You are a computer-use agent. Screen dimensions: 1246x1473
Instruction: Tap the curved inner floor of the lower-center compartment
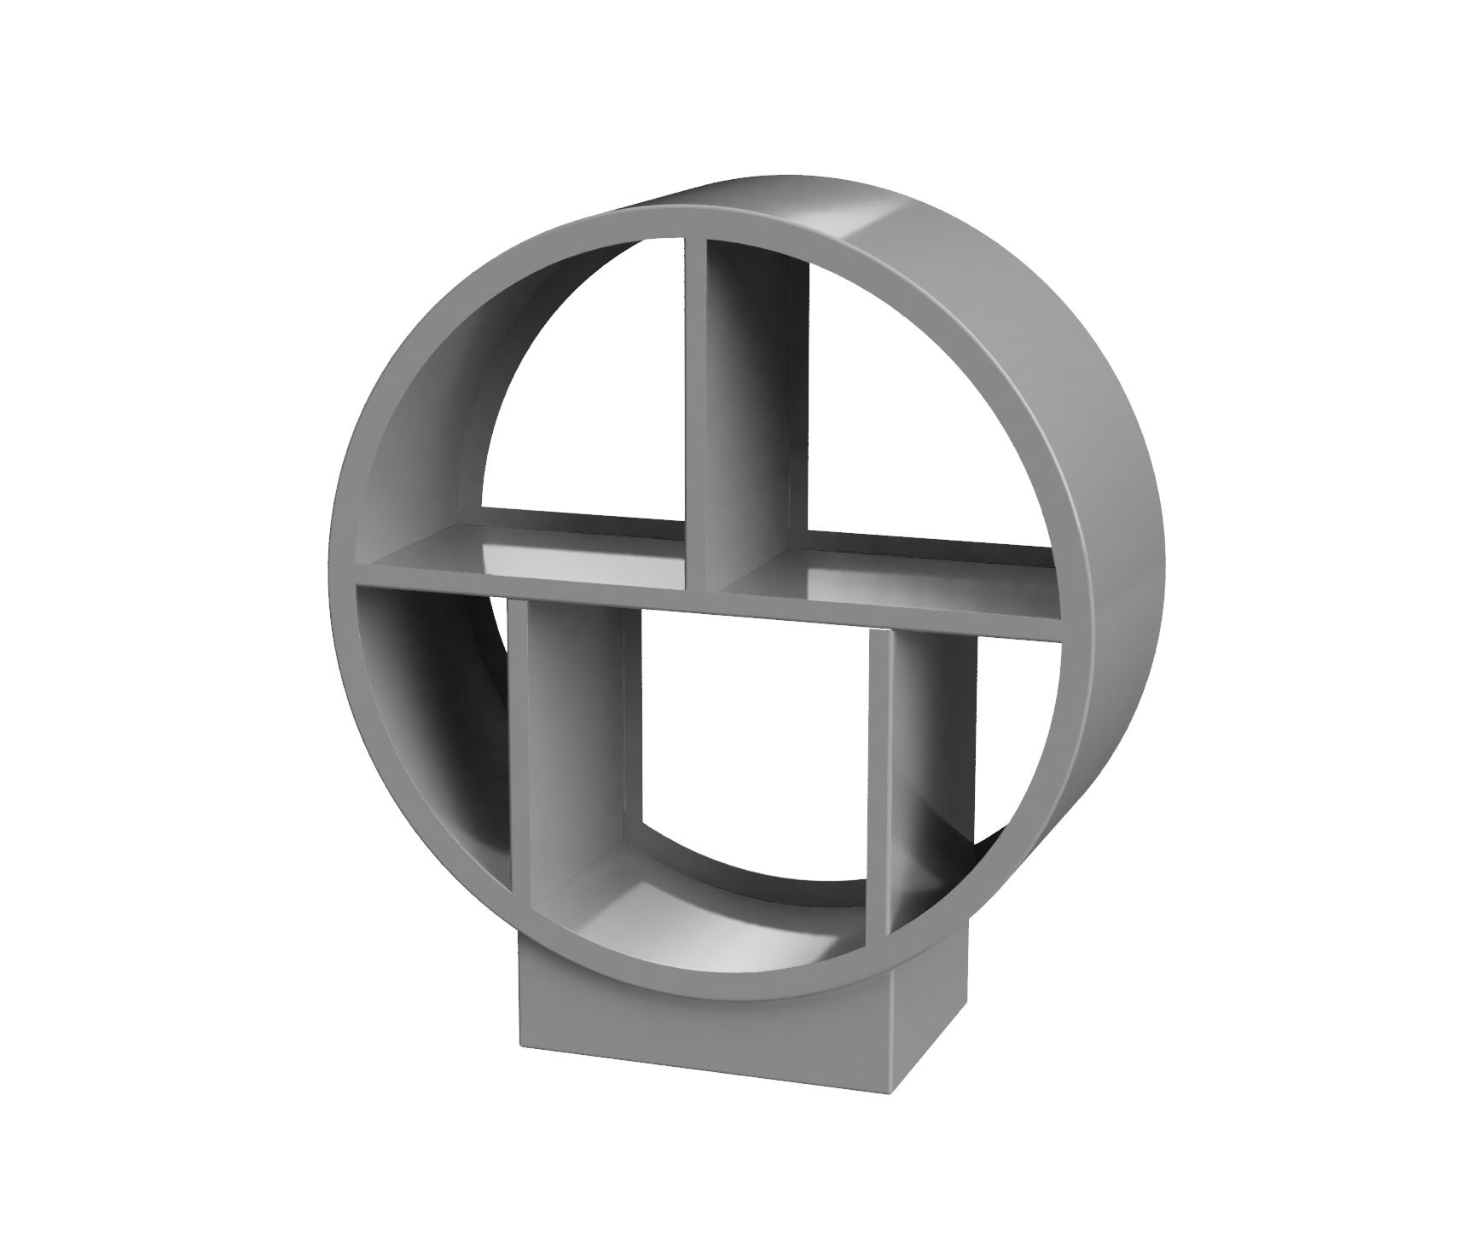(x=725, y=913)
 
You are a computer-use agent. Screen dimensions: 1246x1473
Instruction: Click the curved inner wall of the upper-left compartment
(x=426, y=426)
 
